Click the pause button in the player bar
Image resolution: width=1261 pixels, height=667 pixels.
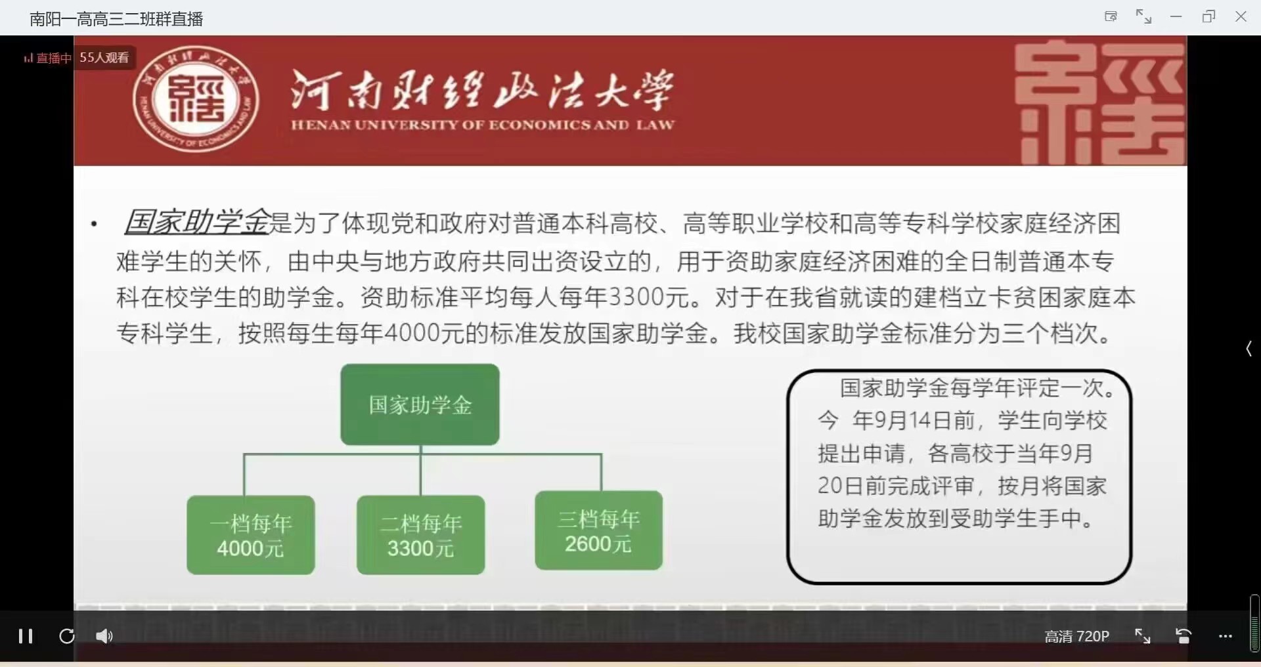(x=26, y=635)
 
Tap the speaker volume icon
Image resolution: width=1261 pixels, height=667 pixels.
(x=104, y=635)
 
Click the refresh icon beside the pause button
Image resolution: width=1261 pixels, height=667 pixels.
(x=66, y=635)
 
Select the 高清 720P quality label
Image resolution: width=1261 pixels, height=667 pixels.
(x=1076, y=636)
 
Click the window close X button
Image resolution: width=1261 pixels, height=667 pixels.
(x=1241, y=16)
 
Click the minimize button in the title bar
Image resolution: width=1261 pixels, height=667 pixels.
(x=1176, y=16)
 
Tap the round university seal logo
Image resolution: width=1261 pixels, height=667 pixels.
(x=195, y=99)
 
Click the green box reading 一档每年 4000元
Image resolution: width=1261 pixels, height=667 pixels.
(x=251, y=535)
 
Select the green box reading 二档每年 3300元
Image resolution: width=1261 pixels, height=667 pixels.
(x=420, y=535)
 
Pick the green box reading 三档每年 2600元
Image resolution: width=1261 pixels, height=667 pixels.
(x=598, y=530)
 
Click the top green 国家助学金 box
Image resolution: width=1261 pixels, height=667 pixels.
(x=420, y=404)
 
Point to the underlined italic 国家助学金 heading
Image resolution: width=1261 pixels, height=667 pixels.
(x=197, y=222)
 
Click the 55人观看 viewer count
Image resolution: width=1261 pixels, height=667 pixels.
(x=104, y=58)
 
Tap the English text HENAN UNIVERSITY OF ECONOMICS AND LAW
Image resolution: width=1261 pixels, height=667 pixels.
(x=483, y=125)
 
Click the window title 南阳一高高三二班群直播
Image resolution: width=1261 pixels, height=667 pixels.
(x=116, y=19)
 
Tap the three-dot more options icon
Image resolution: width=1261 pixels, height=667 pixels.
(x=1226, y=636)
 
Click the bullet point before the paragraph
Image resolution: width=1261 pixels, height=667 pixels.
(x=95, y=225)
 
